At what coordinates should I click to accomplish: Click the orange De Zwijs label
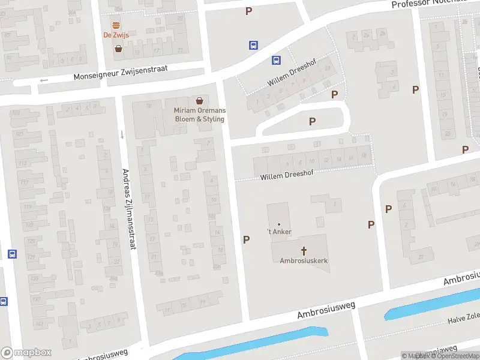[x=116, y=35]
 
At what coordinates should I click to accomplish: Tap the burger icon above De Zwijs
[x=116, y=25]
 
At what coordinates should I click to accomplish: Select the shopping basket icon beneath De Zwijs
[x=119, y=49]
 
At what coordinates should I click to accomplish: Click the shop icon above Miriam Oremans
[x=199, y=101]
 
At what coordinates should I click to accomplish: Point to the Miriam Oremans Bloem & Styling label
[x=199, y=115]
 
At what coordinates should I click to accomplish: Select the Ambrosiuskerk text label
[x=304, y=260]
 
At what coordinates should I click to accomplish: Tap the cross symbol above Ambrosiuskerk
[x=304, y=250]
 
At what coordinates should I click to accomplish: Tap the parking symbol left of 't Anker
[x=246, y=239]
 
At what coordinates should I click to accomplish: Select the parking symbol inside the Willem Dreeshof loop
[x=312, y=121]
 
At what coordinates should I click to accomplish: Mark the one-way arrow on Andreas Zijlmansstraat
[x=122, y=134]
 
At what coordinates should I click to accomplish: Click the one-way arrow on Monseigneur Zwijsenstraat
[x=43, y=80]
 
